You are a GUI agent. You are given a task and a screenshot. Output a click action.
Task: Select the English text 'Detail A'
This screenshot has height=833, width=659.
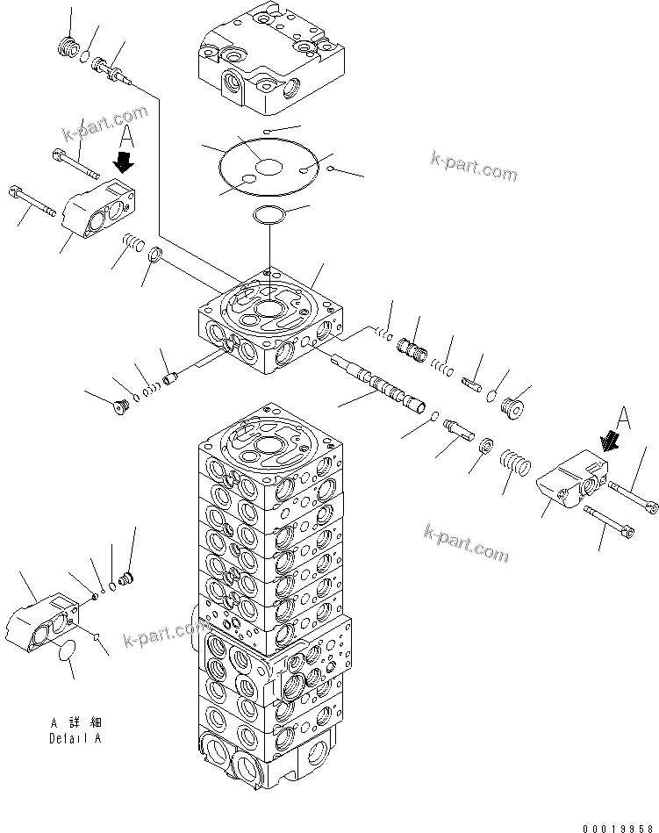point(75,738)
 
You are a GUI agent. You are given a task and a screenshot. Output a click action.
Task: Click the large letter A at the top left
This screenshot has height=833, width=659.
point(127,136)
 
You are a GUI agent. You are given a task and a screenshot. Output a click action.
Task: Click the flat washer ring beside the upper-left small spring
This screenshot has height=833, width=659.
point(154,255)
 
